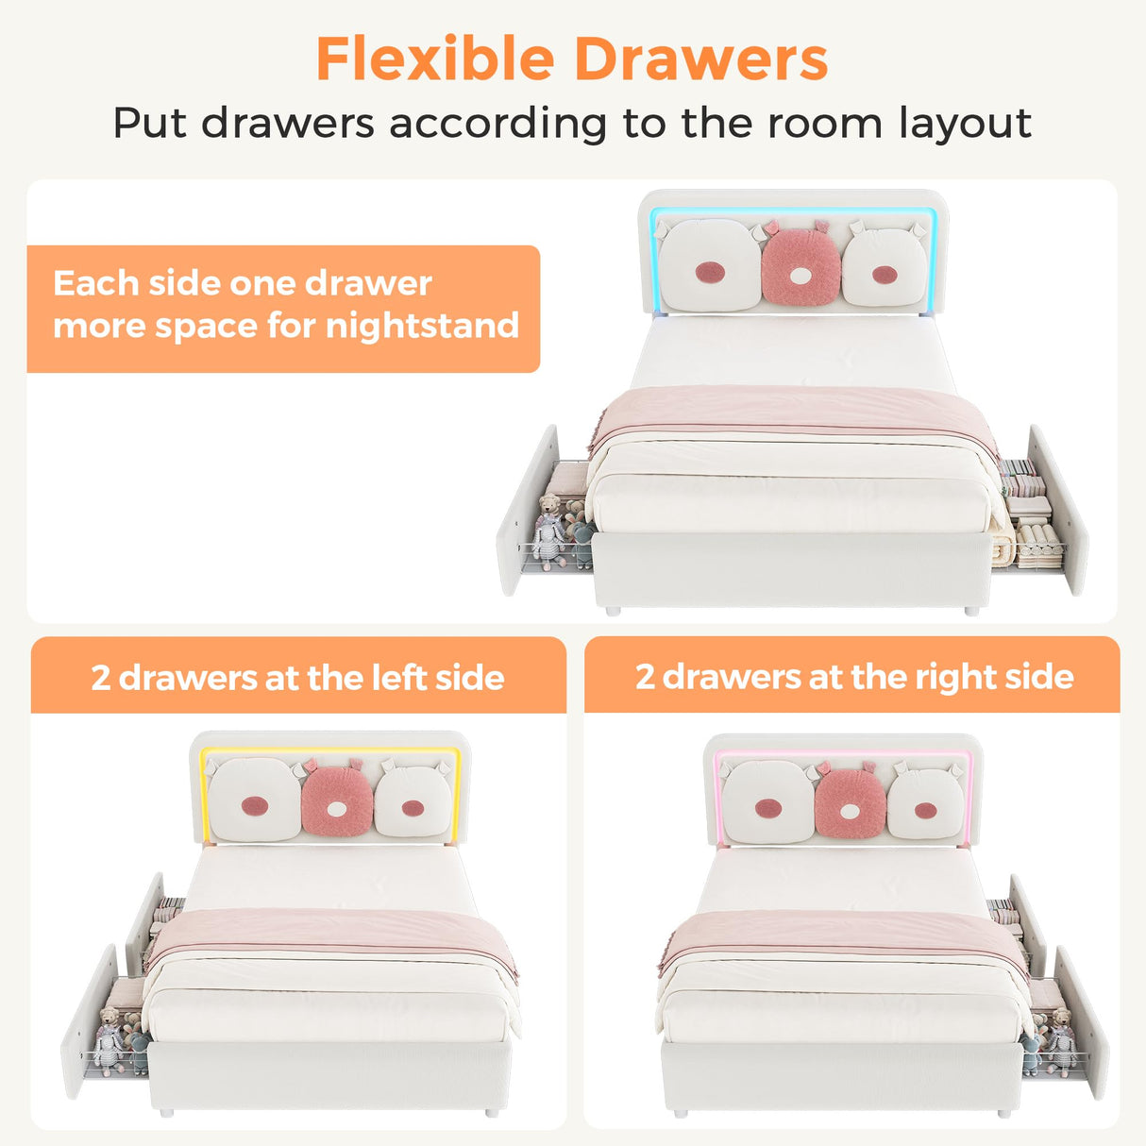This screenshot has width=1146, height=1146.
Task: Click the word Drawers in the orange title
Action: pyautogui.click(x=700, y=59)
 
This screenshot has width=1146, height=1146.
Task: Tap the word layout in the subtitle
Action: pyautogui.click(x=964, y=124)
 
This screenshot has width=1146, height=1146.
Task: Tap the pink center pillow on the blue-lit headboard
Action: pyautogui.click(x=801, y=267)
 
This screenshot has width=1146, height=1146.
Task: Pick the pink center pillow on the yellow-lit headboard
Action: pyautogui.click(x=337, y=801)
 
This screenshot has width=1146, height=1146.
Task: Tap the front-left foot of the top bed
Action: pyautogui.click(x=613, y=611)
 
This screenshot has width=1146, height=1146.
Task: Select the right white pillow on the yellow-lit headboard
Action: pyautogui.click(x=413, y=801)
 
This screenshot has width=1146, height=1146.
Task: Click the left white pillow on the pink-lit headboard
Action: pyautogui.click(x=767, y=802)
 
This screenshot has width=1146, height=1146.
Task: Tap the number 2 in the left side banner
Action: pyautogui.click(x=101, y=679)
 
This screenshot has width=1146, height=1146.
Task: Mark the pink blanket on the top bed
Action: pyautogui.click(x=793, y=412)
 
